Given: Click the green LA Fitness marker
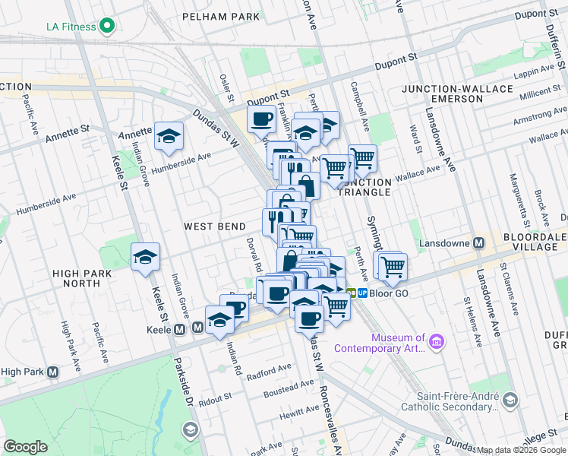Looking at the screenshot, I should click(x=106, y=27).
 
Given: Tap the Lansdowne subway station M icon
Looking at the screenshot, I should click(x=479, y=243).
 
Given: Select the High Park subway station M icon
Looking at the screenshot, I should click(x=52, y=372).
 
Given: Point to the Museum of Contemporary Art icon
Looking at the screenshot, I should click(x=437, y=343).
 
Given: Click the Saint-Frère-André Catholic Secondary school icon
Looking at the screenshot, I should click(x=510, y=400).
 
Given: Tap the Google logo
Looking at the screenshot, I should click(x=25, y=447).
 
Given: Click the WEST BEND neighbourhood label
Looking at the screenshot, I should click(x=215, y=226).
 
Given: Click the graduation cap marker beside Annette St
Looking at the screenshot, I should click(x=169, y=137).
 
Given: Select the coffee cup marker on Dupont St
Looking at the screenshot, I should click(x=262, y=119).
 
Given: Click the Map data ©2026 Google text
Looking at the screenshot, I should click(x=522, y=450).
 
